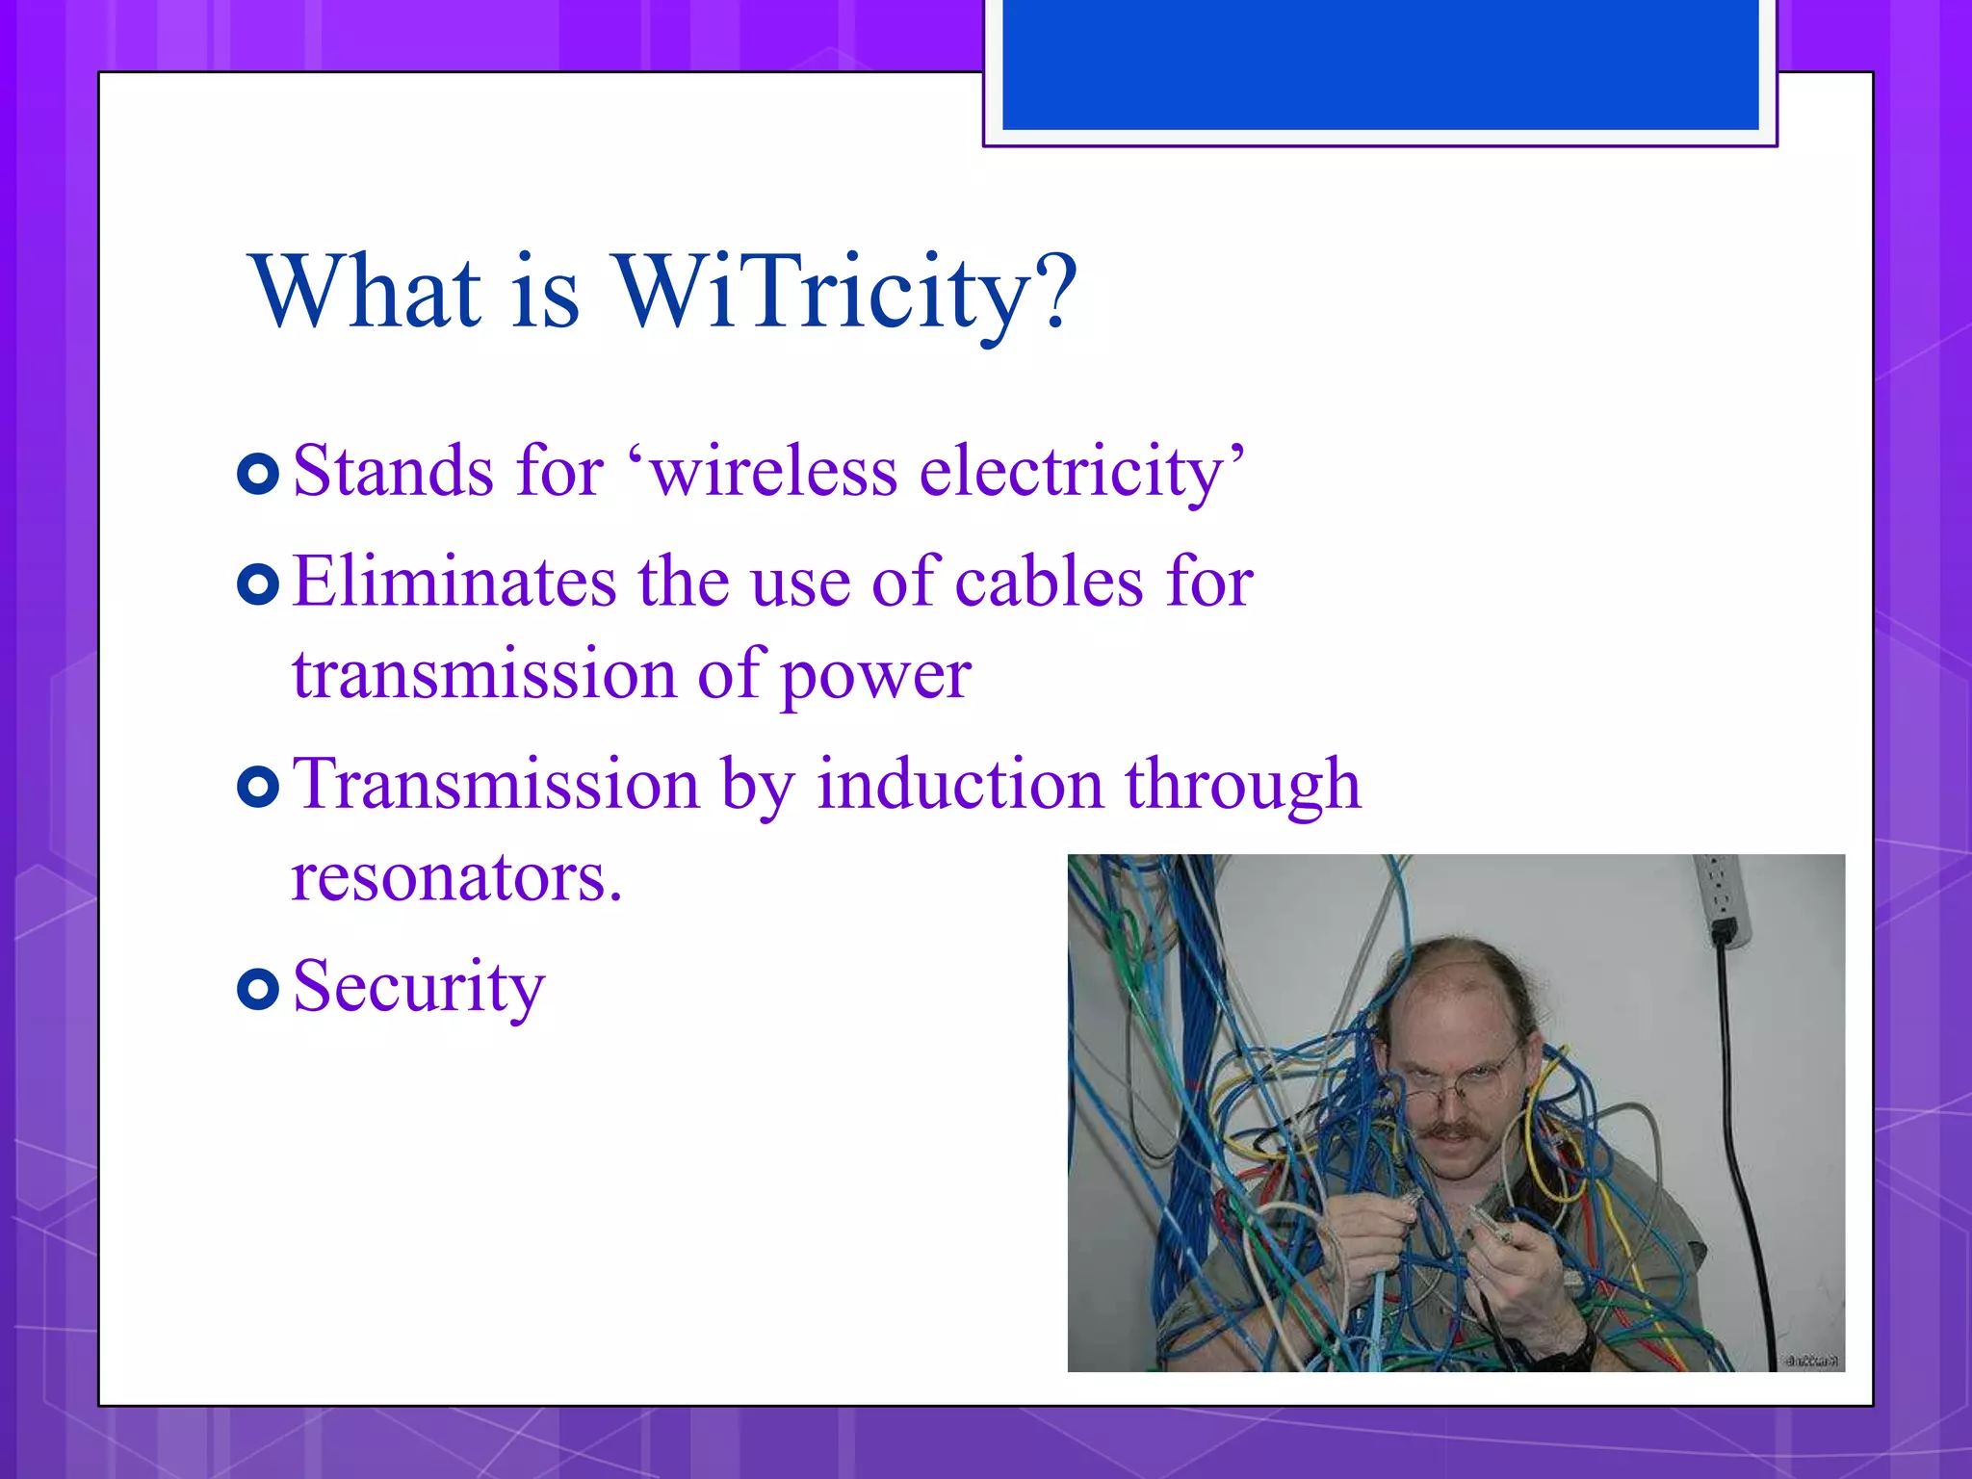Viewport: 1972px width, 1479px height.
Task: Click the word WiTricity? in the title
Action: click(845, 292)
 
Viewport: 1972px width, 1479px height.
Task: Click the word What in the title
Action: click(365, 292)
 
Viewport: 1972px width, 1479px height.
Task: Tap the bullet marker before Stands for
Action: click(257, 474)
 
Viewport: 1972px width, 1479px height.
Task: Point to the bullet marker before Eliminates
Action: click(257, 584)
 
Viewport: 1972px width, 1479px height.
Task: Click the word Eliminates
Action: click(454, 583)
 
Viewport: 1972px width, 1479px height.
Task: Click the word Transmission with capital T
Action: click(496, 784)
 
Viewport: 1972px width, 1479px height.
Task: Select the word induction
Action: click(959, 784)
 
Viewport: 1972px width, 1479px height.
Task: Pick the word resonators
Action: click(455, 877)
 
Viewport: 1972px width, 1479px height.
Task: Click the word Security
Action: click(419, 986)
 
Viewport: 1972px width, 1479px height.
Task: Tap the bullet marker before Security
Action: click(257, 989)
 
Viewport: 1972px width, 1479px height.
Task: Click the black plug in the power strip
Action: click(1724, 932)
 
